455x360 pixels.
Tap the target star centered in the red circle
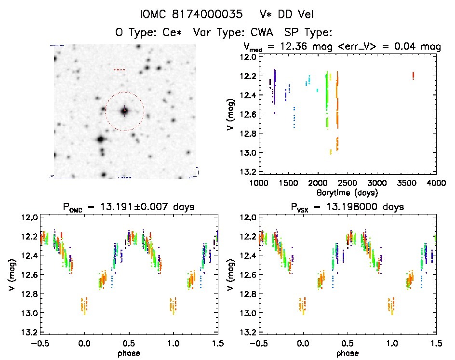(124, 111)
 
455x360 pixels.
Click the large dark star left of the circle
(100, 140)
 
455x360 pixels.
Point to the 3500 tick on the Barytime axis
(407, 183)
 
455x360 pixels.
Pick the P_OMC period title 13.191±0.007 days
(129, 207)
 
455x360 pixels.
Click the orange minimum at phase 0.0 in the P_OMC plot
(84, 306)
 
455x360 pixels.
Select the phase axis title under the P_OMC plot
(129, 353)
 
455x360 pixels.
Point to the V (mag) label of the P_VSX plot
(231, 275)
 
